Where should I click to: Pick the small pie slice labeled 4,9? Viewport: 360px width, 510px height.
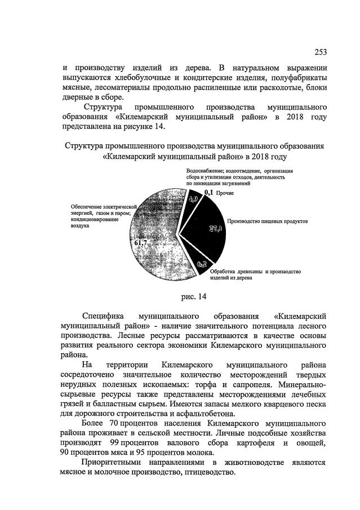tap(193, 199)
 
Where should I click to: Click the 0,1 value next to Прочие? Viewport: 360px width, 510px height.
tap(208, 193)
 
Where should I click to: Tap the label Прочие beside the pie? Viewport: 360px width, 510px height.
tap(226, 193)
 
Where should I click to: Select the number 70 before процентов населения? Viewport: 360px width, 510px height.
tap(117, 422)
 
